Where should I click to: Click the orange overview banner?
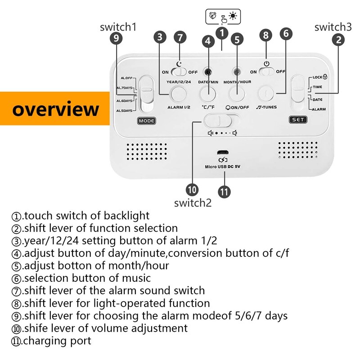click(x=55, y=109)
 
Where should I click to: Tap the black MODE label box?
click(x=146, y=121)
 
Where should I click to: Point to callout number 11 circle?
click(x=224, y=190)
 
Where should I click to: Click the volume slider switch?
click(x=221, y=121)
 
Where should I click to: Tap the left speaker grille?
click(x=146, y=151)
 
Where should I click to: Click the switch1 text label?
click(x=118, y=27)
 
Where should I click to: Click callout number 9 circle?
click(x=117, y=39)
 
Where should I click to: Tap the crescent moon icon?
click(x=179, y=64)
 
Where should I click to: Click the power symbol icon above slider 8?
click(x=266, y=63)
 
